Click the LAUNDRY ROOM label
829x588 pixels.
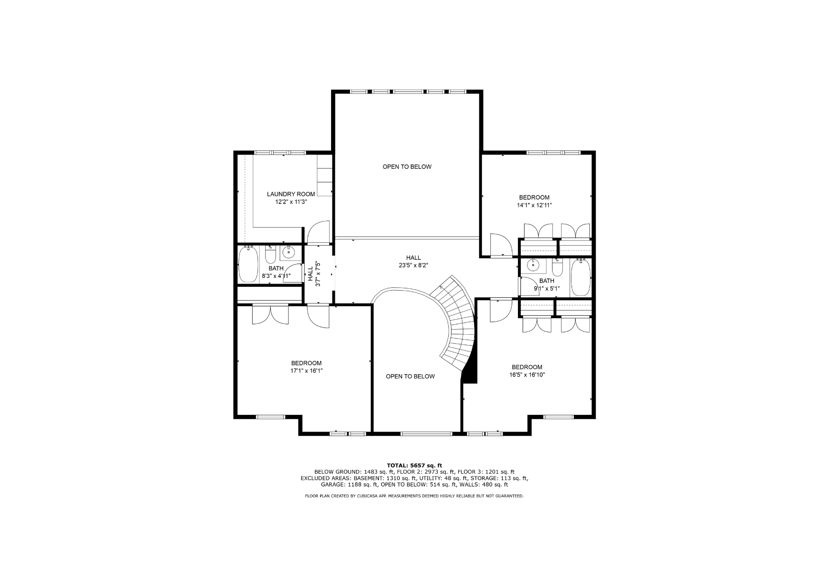click(291, 194)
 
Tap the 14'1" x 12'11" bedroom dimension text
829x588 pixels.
click(534, 205)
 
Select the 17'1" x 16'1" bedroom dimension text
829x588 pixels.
click(306, 371)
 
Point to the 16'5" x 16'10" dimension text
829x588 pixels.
click(527, 375)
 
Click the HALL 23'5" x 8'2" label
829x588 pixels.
click(414, 262)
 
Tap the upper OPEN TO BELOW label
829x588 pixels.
click(407, 167)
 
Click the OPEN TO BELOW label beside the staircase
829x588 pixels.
click(410, 377)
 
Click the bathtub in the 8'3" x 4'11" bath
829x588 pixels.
click(249, 264)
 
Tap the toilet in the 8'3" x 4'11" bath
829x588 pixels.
click(270, 255)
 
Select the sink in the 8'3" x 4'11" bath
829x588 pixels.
click(288, 253)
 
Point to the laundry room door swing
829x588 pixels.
click(318, 232)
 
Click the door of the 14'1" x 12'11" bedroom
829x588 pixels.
click(501, 245)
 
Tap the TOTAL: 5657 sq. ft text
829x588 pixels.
click(414, 466)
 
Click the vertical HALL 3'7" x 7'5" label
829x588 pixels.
click(314, 274)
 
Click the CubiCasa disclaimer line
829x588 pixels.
click(414, 496)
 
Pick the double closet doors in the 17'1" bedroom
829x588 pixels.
click(270, 315)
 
